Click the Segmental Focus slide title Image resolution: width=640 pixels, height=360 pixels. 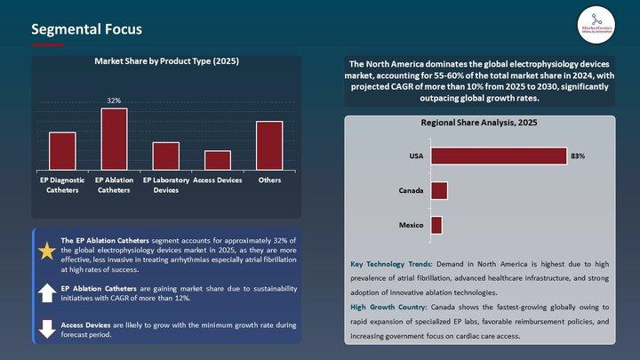click(86, 29)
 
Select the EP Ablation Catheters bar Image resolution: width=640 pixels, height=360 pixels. click(114, 140)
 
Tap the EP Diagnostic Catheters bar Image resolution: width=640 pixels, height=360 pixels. click(62, 151)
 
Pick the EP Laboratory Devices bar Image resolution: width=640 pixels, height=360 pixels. click(165, 156)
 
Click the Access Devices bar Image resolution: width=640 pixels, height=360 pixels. click(217, 160)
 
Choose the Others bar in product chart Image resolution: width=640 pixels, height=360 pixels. click(269, 146)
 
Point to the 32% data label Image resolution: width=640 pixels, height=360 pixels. click(114, 101)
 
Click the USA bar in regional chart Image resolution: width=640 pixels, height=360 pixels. click(498, 156)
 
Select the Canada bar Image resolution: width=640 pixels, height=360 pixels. click(439, 191)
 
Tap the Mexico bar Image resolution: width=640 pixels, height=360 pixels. click(436, 225)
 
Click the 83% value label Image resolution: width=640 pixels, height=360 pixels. click(578, 156)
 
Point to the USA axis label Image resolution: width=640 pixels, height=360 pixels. click(416, 156)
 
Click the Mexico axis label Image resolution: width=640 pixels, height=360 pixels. click(411, 225)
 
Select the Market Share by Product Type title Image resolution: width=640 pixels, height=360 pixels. click(166, 61)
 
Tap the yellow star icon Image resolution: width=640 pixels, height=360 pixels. click(46, 251)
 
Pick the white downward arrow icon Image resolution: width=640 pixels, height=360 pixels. click(46, 328)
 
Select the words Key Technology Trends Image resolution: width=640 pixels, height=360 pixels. click(391, 265)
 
